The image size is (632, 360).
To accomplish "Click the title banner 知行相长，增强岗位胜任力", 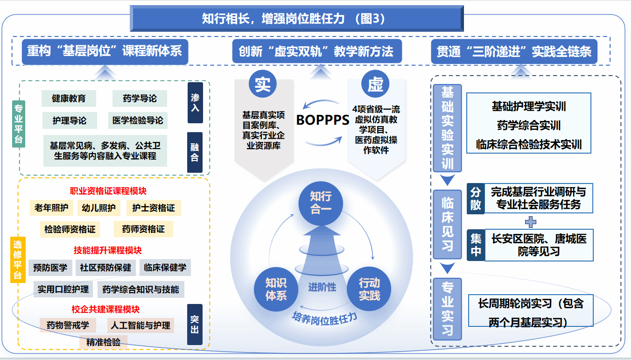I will click(x=296, y=19).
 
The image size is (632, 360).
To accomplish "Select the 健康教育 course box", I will click(x=69, y=99).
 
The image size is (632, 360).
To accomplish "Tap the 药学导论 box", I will click(x=140, y=99).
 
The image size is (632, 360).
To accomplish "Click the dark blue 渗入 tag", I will click(x=195, y=103).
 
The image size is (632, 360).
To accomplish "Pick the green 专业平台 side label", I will click(x=18, y=123).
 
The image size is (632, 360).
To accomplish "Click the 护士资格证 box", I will click(x=154, y=208).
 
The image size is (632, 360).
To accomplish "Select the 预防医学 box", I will click(x=50, y=268).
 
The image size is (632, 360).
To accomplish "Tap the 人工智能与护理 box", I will click(x=140, y=325).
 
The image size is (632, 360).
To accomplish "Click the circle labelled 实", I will click(x=263, y=84).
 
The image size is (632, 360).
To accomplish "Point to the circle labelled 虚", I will click(x=375, y=84).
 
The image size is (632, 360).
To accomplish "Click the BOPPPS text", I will click(x=323, y=120).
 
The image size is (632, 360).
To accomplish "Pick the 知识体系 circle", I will click(x=276, y=289).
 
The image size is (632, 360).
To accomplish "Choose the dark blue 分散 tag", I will click(x=476, y=198).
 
